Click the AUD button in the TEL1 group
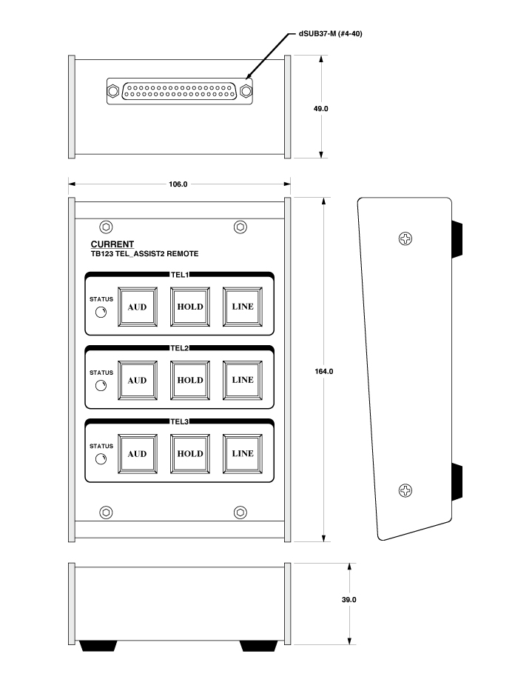[x=138, y=307]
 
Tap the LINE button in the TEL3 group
[x=243, y=453]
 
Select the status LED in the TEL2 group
[x=101, y=386]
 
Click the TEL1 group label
[x=180, y=275]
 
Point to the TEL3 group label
[x=180, y=421]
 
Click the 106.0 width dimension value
[x=178, y=184]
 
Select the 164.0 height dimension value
[x=324, y=372]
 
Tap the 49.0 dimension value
[x=321, y=108]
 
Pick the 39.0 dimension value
[x=349, y=600]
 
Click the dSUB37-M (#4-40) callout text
[x=331, y=33]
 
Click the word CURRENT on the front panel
[x=112, y=244]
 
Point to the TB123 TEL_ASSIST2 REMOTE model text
[x=145, y=254]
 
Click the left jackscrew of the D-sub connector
[x=113, y=92]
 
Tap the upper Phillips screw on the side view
[x=405, y=239]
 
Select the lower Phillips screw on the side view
[x=405, y=490]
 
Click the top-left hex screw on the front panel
[x=106, y=227]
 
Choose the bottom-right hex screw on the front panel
[x=240, y=513]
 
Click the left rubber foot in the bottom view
[x=98, y=646]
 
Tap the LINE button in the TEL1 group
[x=243, y=307]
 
